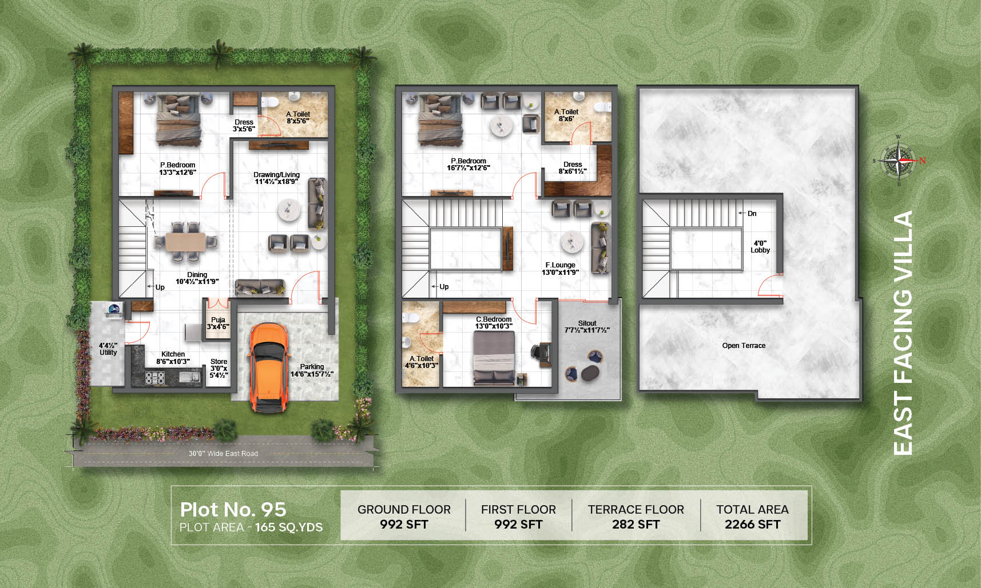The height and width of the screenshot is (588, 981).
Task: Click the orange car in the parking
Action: pyautogui.click(x=268, y=367)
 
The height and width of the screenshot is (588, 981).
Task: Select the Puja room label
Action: pyautogui.click(x=218, y=323)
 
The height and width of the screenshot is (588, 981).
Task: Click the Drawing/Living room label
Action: pyautogui.click(x=276, y=178)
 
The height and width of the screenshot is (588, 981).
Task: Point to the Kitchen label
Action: pyautogui.click(x=173, y=358)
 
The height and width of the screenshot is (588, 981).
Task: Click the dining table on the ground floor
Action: pyautogui.click(x=185, y=242)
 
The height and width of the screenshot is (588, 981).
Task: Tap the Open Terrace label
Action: pyautogui.click(x=744, y=346)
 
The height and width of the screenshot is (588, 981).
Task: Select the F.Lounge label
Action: pyautogui.click(x=560, y=269)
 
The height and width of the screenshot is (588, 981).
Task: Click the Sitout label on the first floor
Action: pyautogui.click(x=587, y=327)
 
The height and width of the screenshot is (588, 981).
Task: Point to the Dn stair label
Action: pyautogui.click(x=752, y=214)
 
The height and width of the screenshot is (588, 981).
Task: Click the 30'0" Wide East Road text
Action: pyautogui.click(x=223, y=454)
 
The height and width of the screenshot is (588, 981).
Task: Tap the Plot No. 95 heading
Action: pyautogui.click(x=233, y=509)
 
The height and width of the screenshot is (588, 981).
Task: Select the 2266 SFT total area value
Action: pyautogui.click(x=752, y=525)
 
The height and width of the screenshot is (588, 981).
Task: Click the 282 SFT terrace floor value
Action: pyautogui.click(x=636, y=525)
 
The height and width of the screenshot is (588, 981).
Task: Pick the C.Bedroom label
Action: pyautogui.click(x=494, y=323)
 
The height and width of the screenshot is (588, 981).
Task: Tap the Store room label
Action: pyautogui.click(x=219, y=369)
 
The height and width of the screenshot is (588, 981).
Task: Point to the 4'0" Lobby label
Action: pyautogui.click(x=760, y=247)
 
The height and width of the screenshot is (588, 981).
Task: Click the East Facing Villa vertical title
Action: pyautogui.click(x=903, y=333)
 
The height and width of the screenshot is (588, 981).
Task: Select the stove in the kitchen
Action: pyautogui.click(x=155, y=377)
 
